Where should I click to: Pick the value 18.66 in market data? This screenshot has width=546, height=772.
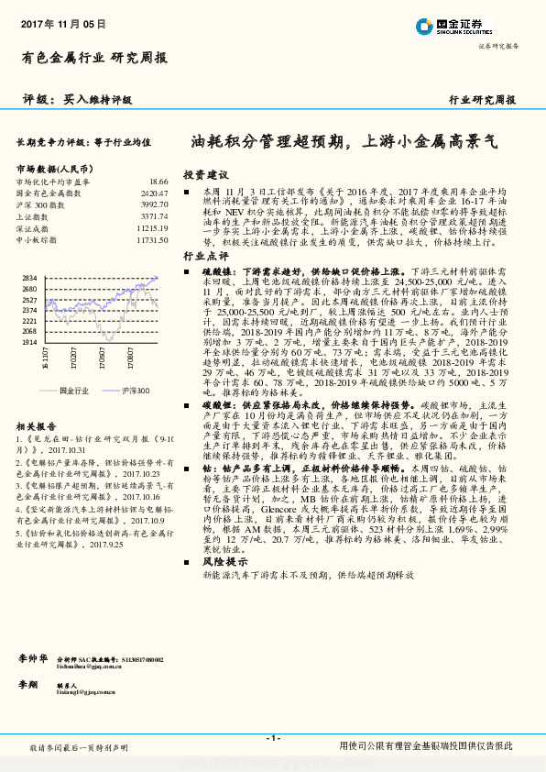(158, 182)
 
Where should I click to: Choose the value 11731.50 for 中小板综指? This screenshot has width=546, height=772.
(152, 238)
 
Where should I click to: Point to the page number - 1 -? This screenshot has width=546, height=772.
(272, 738)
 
